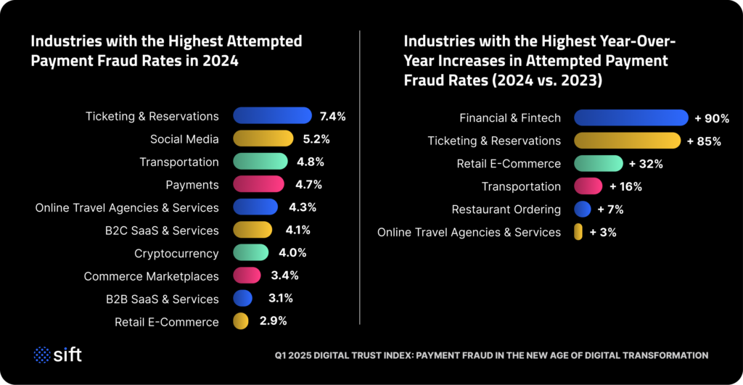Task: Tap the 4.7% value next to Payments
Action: point(305,185)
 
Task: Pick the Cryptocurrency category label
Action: point(176,253)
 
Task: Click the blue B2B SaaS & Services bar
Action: point(243,299)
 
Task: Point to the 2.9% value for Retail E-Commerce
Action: point(273,321)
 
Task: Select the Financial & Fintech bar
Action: point(631,117)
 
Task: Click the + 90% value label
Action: point(712,118)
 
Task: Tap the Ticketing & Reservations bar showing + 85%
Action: point(627,141)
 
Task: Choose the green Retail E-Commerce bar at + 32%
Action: point(598,164)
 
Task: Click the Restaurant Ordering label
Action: point(506,210)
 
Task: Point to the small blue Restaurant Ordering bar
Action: point(582,210)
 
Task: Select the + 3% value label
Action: point(603,233)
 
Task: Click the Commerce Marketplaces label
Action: point(151,276)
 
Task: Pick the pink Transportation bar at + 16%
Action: point(588,186)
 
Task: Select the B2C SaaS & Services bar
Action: point(253,231)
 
